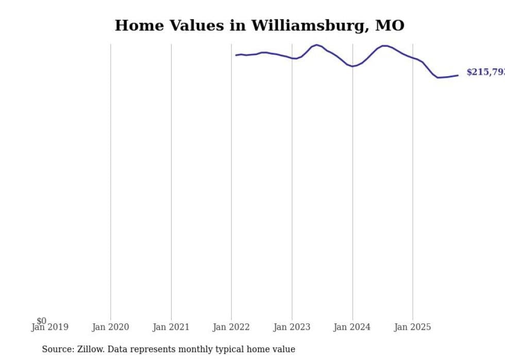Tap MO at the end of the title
tap(391, 26)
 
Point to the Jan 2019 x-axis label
tap(49, 327)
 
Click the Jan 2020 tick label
tap(110, 327)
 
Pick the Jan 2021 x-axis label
tap(171, 327)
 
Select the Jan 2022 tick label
tap(231, 327)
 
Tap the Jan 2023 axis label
tap(292, 327)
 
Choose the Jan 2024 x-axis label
tap(352, 327)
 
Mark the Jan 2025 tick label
tap(412, 327)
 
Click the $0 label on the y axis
tap(41, 321)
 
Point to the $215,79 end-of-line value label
tap(485, 72)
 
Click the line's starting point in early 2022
tap(236, 55)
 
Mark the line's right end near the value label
tap(458, 76)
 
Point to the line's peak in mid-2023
tap(316, 45)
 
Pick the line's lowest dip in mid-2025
tap(438, 78)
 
